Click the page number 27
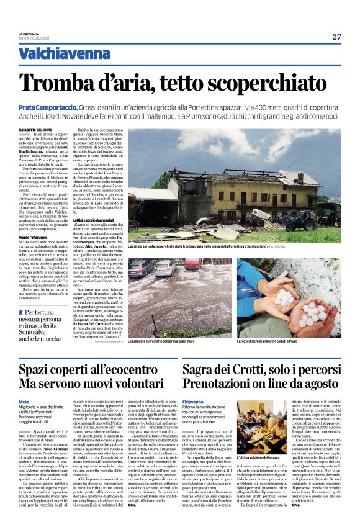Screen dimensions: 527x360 pyautogui.click(x=337, y=37)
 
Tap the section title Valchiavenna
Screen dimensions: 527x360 pyautogui.click(x=56, y=55)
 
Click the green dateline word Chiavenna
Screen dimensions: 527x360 pyautogui.click(x=196, y=402)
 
